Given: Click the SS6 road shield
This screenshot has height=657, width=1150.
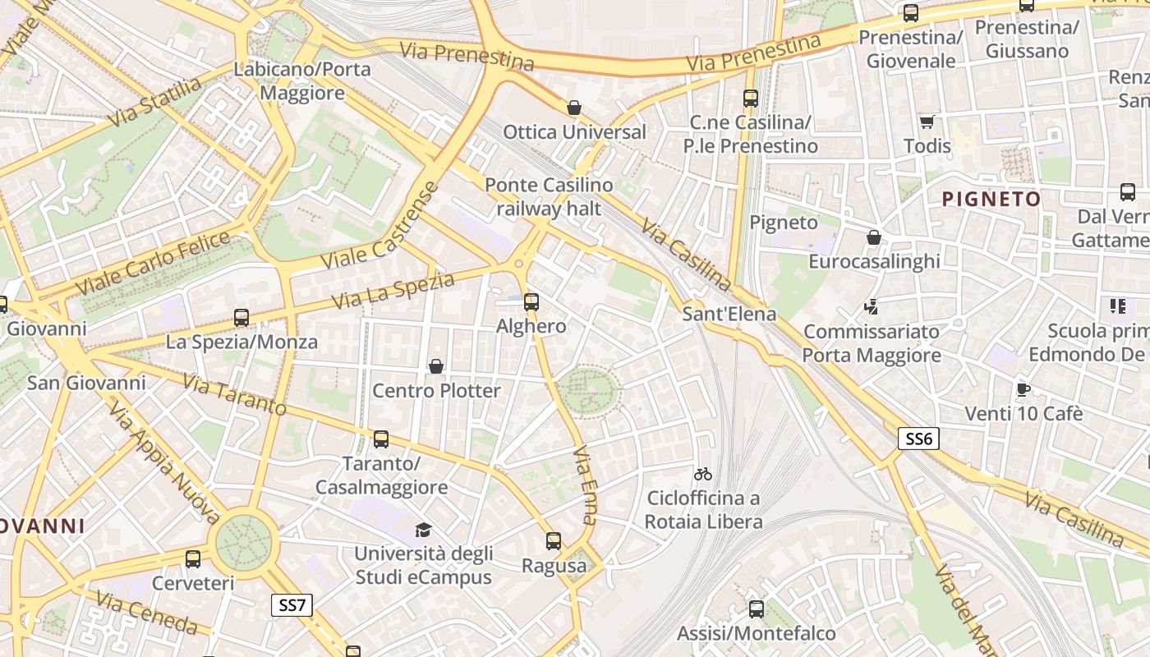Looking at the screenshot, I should [918, 439].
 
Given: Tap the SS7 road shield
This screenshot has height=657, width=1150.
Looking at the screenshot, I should [292, 606].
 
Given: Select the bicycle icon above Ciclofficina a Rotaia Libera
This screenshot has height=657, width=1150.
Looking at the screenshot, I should [702, 474].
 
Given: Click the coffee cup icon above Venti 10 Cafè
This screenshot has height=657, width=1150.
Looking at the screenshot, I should [1023, 389].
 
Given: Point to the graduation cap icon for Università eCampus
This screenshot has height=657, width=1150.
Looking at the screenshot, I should [423, 530].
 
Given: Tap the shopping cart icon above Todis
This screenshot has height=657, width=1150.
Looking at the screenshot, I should [927, 122].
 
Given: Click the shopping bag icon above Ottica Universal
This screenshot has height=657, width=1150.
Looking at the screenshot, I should [574, 108].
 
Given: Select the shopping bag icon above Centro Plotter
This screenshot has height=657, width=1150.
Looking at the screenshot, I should [436, 366].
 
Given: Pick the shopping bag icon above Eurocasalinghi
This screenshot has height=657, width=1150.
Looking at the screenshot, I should [874, 237].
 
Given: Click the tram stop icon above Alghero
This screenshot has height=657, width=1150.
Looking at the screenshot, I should [531, 301].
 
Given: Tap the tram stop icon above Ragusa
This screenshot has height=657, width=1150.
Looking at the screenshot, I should [554, 541].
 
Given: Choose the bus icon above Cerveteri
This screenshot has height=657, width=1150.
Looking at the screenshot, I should [193, 559].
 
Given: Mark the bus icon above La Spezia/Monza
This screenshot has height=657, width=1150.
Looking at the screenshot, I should [241, 317].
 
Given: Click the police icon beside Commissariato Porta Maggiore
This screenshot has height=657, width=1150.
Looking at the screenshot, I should [871, 308].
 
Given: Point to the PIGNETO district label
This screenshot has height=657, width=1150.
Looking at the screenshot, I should [991, 199].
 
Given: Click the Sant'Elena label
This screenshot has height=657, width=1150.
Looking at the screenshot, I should [729, 314].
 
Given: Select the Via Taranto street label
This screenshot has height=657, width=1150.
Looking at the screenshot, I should [234, 394].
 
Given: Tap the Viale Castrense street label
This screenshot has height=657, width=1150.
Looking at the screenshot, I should [379, 227].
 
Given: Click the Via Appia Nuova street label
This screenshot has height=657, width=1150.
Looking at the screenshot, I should [164, 464].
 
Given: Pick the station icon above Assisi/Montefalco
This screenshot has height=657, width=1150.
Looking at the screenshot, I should [756, 609].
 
